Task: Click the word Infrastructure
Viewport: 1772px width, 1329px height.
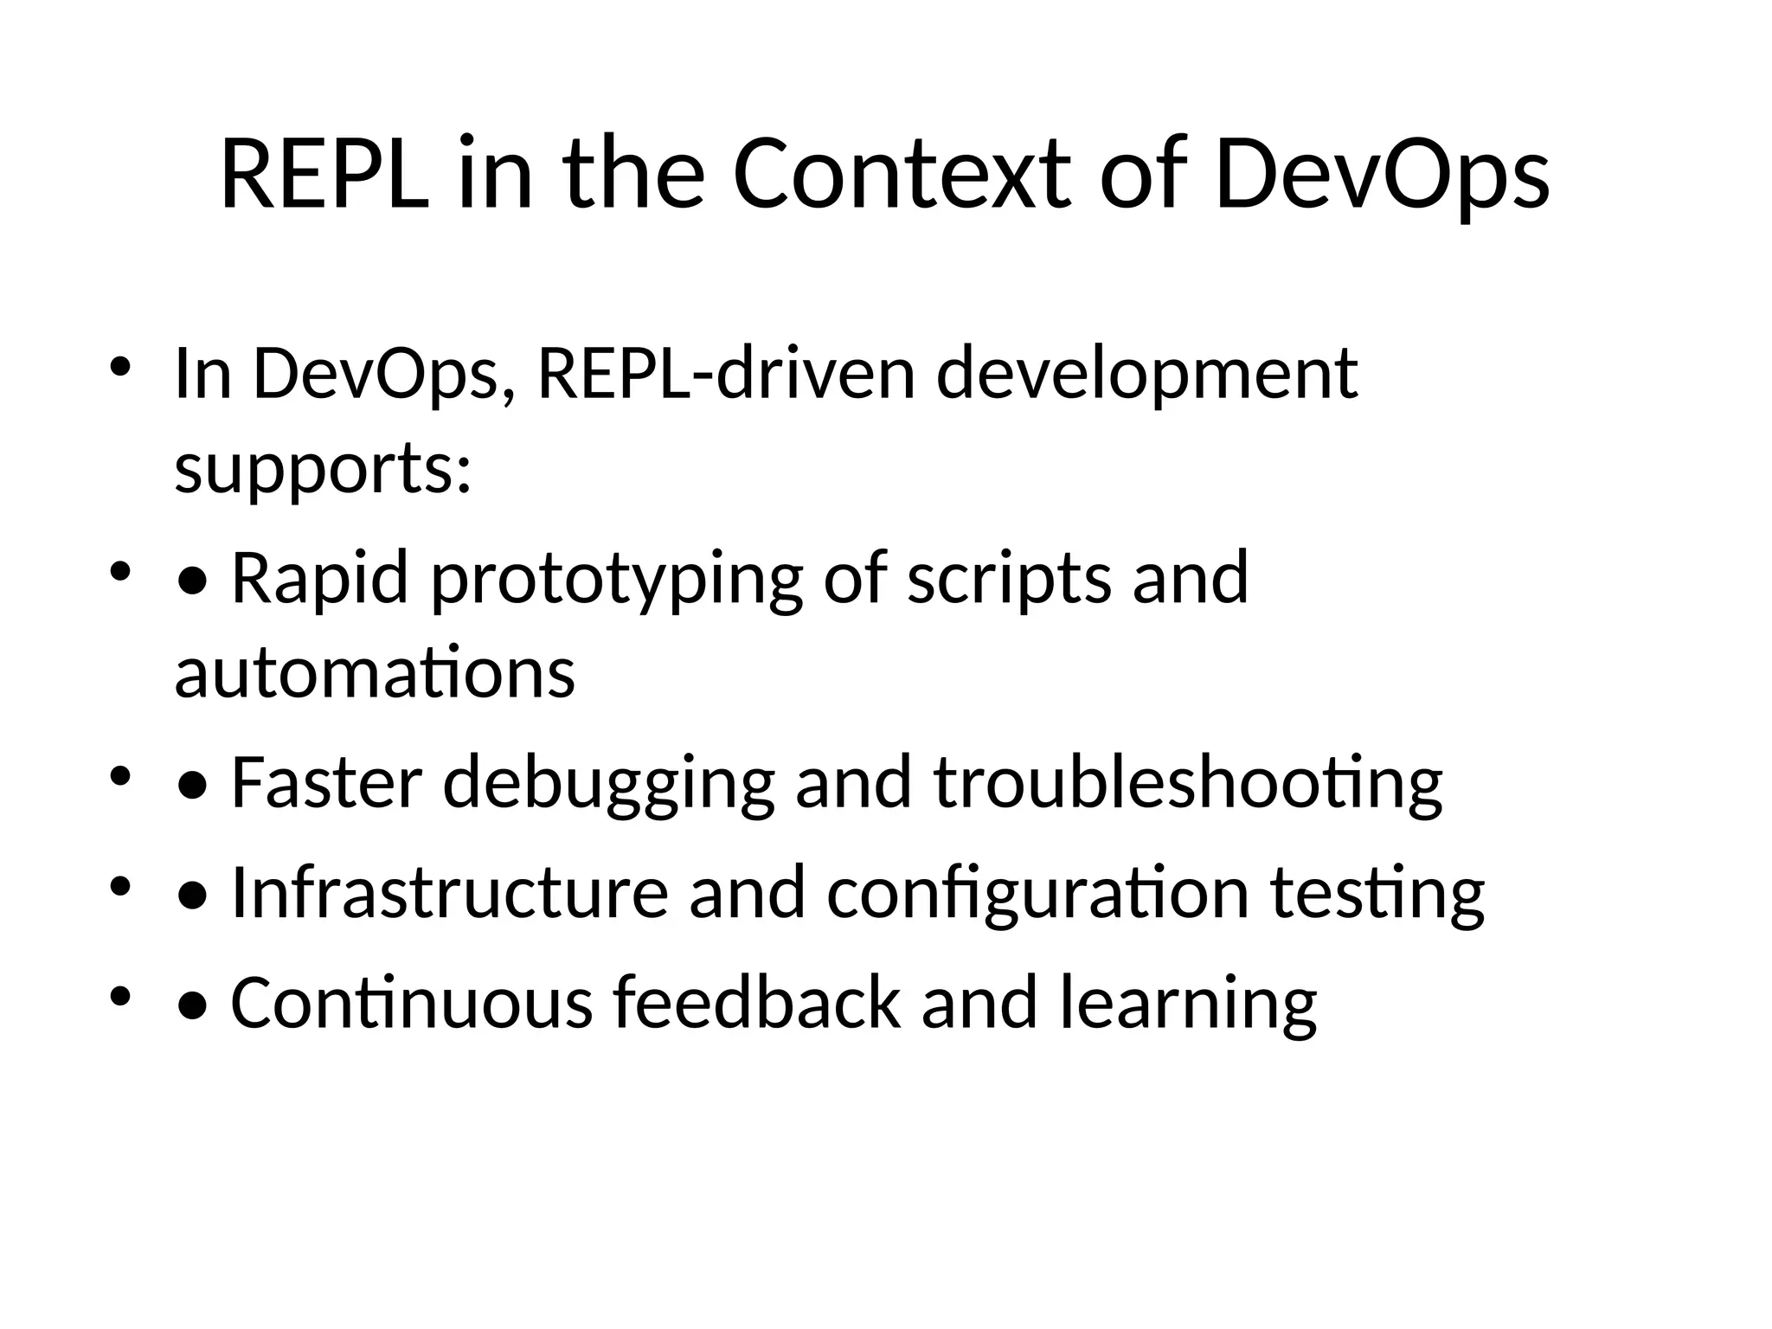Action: [x=450, y=892]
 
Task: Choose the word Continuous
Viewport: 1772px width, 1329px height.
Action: [x=412, y=1002]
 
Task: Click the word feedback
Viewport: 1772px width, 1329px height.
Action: [x=757, y=1002]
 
